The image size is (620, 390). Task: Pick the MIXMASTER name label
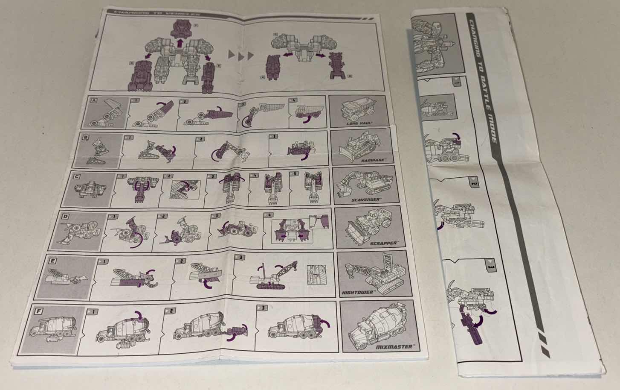[394, 346]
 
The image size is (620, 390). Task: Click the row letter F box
[39, 311]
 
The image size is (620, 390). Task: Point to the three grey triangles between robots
[241, 54]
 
